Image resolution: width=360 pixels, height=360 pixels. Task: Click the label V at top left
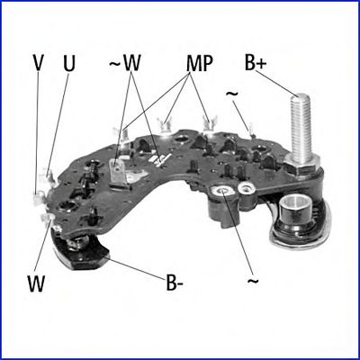[x=38, y=63]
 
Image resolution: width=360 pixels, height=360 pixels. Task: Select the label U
[x=69, y=64]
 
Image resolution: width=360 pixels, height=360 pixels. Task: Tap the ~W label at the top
[x=124, y=63]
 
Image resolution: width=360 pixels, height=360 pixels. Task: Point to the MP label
[x=200, y=64]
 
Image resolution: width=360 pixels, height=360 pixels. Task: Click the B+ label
[x=256, y=63]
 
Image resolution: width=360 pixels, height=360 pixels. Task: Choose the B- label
[x=175, y=283]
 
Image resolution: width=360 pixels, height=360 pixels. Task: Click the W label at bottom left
[x=36, y=283]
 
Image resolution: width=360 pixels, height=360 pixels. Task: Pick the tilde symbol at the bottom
[x=252, y=281]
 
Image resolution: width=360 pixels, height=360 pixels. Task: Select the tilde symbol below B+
[x=231, y=94]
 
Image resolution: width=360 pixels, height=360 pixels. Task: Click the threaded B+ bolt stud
[x=300, y=129]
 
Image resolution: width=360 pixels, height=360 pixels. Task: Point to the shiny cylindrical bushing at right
[x=293, y=209]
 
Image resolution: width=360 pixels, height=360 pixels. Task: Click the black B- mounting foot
[x=81, y=251]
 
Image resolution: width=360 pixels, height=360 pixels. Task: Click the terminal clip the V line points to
[x=37, y=200]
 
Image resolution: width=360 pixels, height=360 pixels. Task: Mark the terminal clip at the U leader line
[x=49, y=176]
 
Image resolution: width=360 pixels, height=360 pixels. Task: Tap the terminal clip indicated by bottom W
[x=48, y=220]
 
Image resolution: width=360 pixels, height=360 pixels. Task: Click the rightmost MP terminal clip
[x=210, y=124]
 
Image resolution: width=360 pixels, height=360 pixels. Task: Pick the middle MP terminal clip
[x=165, y=126]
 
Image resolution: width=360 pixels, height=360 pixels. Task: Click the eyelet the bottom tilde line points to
[x=223, y=191]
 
